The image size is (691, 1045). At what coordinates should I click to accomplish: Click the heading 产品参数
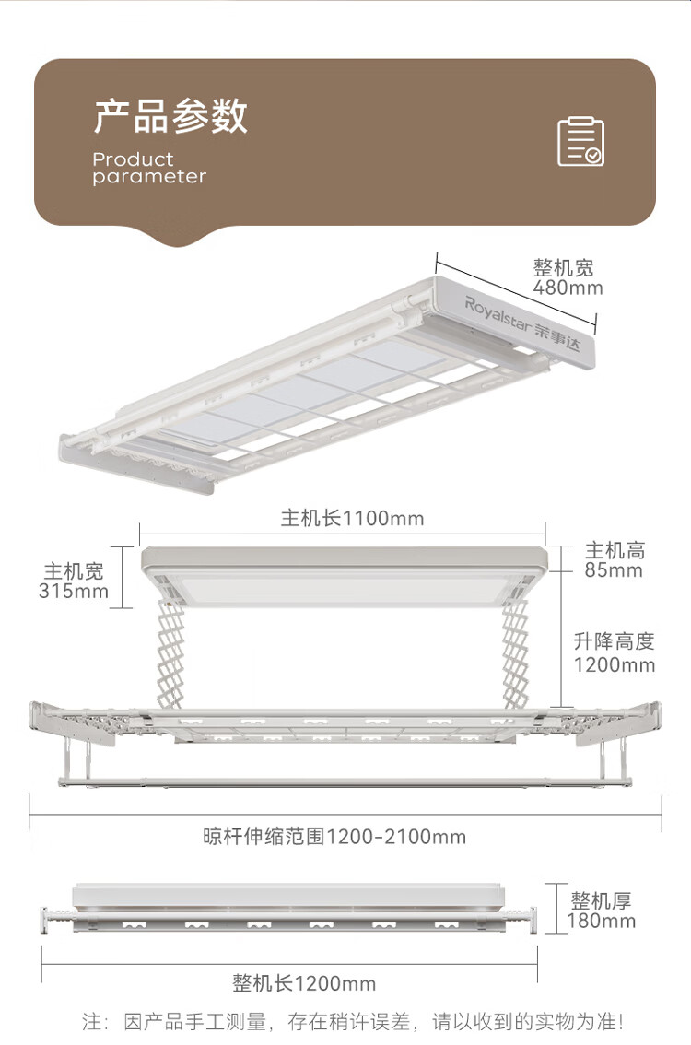pos(170,117)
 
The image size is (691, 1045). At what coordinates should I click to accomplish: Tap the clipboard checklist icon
pos(581,141)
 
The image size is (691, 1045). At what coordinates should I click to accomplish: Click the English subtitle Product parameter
pos(148,168)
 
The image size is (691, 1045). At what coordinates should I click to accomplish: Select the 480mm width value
pos(568,288)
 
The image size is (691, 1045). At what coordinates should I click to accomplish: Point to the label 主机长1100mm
pos(353,519)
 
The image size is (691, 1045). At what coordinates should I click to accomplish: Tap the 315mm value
pos(74,592)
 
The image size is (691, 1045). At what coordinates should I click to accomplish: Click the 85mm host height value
pos(614,570)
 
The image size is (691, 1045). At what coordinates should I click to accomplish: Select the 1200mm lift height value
pos(615,664)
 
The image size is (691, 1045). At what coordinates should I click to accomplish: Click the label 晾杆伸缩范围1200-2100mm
pos(334,837)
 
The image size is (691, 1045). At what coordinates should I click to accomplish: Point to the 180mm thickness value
pos(602,921)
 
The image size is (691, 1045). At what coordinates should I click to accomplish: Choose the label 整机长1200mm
pos(304,984)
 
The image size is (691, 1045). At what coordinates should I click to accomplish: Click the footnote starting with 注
pos(353,1021)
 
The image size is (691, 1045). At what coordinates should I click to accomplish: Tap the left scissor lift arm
pos(170,650)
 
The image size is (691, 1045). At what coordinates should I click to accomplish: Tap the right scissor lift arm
pos(515,650)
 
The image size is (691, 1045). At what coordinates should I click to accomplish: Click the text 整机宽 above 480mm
pos(564,268)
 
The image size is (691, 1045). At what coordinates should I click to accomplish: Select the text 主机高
pos(615,551)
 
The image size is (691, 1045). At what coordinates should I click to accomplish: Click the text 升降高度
pos(614,641)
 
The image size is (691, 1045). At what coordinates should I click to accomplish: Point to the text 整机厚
pos(601,900)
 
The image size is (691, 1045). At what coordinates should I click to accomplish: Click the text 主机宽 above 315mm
pos(74,571)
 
